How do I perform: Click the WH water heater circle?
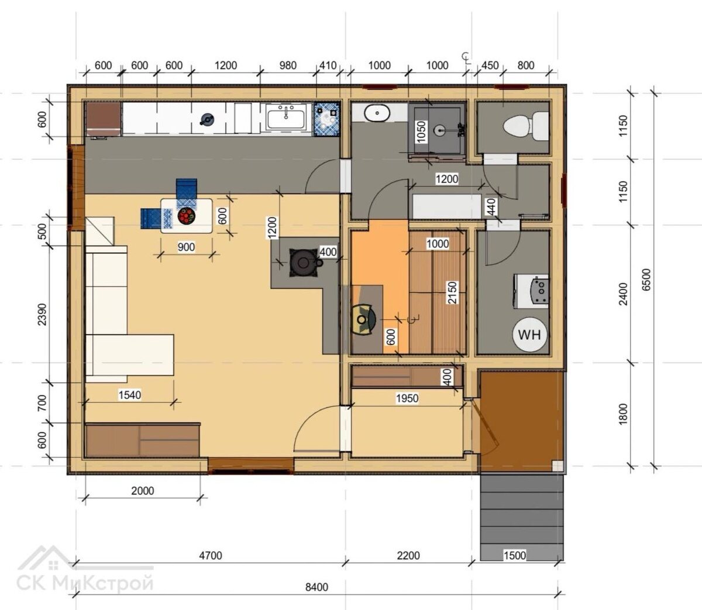529,334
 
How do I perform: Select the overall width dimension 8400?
316,587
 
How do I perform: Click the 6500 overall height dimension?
646,279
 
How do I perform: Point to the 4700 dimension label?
211,555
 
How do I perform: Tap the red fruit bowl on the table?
186,216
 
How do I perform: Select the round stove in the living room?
304,263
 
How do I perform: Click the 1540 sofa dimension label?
130,395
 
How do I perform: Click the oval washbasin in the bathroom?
377,113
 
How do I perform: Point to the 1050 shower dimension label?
421,132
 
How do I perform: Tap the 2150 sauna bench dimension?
452,292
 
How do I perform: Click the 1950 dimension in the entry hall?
407,398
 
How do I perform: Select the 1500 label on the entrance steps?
515,555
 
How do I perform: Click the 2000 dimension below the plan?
142,491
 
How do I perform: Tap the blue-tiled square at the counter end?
326,119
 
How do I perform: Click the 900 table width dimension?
186,247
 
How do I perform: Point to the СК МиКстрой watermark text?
85,584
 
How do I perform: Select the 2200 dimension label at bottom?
408,555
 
